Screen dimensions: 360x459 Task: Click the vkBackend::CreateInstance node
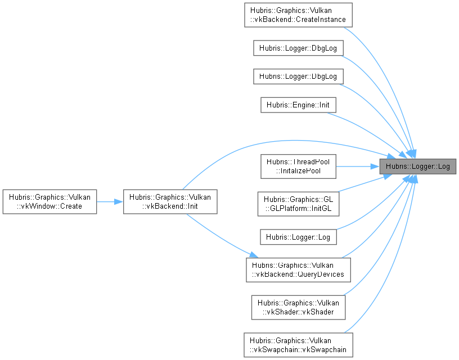298,15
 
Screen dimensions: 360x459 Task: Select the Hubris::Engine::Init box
298,105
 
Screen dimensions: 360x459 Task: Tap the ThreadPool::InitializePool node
298,166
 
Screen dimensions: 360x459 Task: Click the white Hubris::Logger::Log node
298,237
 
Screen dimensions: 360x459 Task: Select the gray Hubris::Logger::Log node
417,166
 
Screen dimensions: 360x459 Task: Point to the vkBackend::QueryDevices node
298,271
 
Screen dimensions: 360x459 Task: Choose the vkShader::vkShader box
298,307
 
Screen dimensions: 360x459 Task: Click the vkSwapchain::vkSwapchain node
298,344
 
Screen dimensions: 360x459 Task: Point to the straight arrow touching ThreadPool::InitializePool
357,166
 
